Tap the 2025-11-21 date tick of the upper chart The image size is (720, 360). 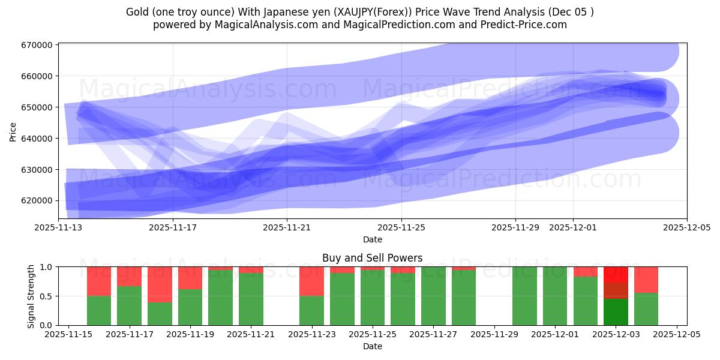click(287, 227)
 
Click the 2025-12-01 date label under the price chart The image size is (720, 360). click(573, 227)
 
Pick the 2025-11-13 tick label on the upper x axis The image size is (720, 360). click(58, 227)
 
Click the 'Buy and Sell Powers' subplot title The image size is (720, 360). click(372, 258)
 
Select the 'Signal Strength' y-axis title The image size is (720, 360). click(31, 296)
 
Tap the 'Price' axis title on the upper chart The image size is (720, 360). click(13, 130)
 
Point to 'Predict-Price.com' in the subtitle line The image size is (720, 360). click(528, 25)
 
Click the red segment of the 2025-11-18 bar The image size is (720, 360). click(160, 284)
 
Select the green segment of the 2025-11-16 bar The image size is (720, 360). click(99, 310)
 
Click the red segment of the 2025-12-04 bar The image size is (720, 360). click(646, 280)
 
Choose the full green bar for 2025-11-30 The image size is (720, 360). click(524, 296)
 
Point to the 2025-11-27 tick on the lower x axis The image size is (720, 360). click(433, 334)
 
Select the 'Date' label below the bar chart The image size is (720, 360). click(372, 346)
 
